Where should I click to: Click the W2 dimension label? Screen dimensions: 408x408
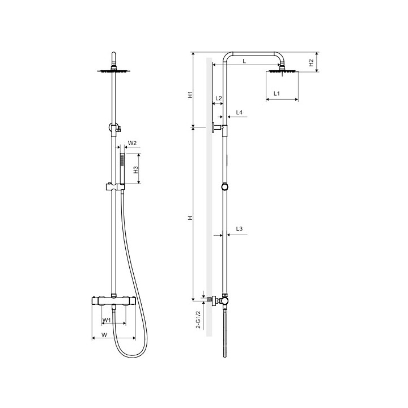(x=132, y=143)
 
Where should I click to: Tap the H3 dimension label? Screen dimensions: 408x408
(x=135, y=170)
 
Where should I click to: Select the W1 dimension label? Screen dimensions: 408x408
(x=107, y=320)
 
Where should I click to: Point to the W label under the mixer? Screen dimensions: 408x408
(x=104, y=335)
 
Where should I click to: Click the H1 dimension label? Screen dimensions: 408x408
(x=190, y=95)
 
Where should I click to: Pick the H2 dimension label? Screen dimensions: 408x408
(x=311, y=63)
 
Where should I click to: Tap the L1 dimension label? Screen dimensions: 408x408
(x=277, y=93)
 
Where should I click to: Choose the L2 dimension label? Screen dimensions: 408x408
(x=219, y=99)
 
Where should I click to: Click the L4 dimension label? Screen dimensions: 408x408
(x=239, y=112)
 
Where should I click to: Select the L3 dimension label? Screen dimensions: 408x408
(x=239, y=229)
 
